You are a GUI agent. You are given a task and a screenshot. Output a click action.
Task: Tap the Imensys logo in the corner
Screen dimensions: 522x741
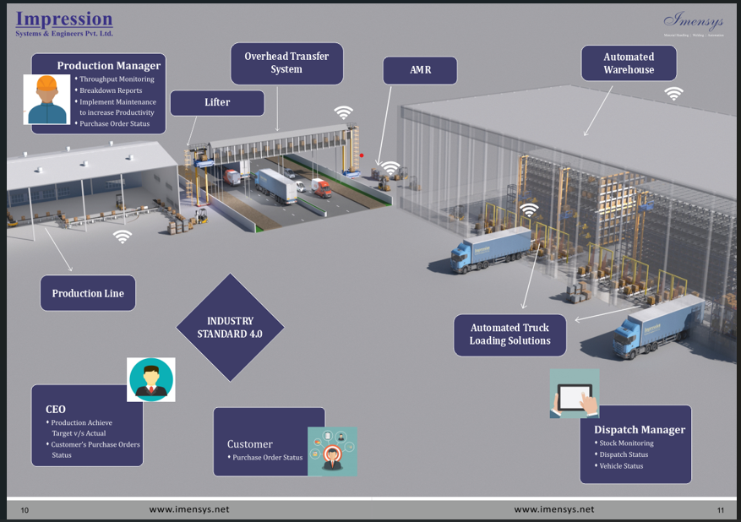point(693,21)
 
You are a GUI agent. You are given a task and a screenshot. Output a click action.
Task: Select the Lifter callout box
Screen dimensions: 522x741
point(217,103)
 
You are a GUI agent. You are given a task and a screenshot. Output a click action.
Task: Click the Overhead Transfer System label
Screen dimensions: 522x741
point(286,63)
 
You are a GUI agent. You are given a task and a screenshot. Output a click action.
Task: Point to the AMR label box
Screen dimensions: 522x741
point(420,70)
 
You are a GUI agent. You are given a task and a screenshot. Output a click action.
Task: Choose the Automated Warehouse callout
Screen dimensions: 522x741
point(629,63)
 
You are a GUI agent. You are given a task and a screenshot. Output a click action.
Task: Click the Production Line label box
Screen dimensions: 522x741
point(88,294)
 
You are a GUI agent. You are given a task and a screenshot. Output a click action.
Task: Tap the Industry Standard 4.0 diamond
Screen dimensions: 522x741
point(230,327)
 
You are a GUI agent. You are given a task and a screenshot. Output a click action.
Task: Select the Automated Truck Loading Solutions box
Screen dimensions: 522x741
point(509,334)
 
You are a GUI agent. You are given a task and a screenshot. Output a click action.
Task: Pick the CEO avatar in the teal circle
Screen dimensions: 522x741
point(151,379)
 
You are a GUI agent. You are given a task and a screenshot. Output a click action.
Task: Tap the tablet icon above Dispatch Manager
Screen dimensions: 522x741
point(575,394)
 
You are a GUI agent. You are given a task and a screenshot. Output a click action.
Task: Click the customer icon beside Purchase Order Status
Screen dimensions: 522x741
point(333,451)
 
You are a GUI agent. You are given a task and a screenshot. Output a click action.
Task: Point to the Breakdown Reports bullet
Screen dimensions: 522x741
point(111,90)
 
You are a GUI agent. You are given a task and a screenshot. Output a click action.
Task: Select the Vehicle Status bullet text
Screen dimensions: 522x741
point(621,466)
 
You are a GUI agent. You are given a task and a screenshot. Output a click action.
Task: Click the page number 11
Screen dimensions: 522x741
point(720,510)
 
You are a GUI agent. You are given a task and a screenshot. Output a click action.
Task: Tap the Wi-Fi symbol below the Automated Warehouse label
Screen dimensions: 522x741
point(673,94)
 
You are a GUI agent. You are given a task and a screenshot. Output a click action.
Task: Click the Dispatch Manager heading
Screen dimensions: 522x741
point(639,430)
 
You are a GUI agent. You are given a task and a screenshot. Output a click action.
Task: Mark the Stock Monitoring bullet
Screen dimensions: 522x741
point(626,443)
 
